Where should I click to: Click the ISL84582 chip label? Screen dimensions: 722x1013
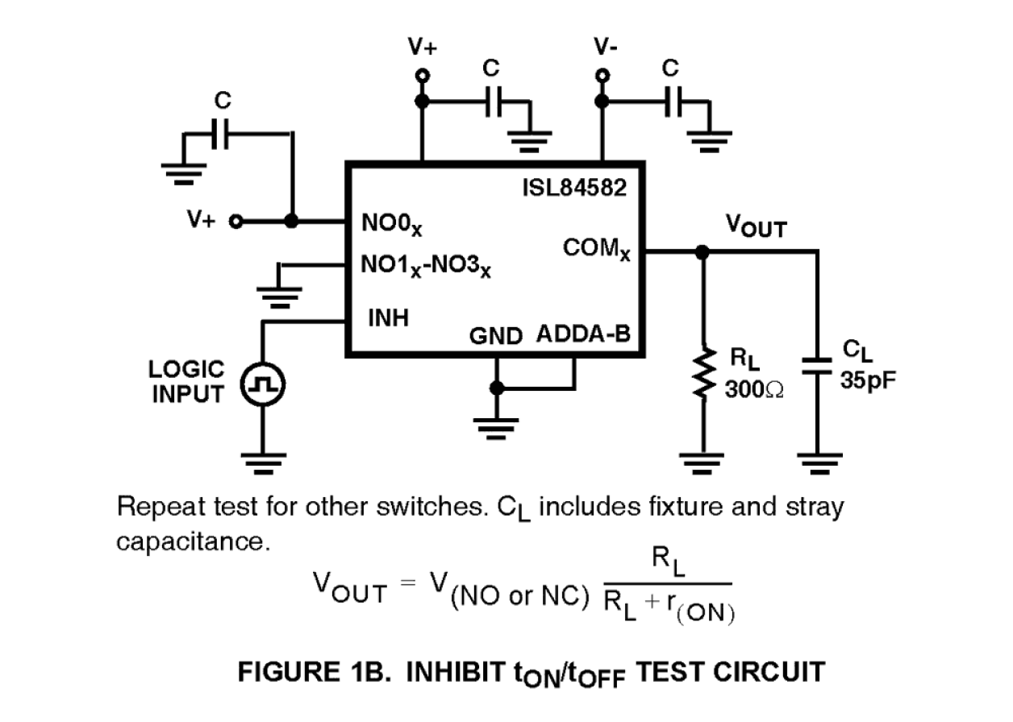574,189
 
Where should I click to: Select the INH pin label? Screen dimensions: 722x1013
388,317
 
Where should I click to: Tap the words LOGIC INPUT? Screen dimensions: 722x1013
187,382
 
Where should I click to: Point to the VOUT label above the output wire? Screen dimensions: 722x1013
756,226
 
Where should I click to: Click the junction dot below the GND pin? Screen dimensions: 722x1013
497,388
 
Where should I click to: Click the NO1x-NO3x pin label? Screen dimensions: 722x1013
428,265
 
